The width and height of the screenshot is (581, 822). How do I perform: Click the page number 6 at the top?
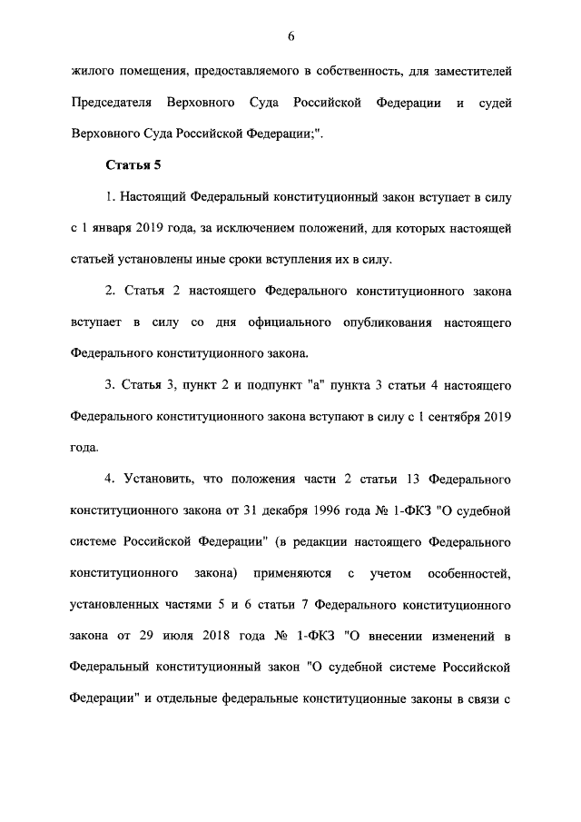click(x=290, y=36)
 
